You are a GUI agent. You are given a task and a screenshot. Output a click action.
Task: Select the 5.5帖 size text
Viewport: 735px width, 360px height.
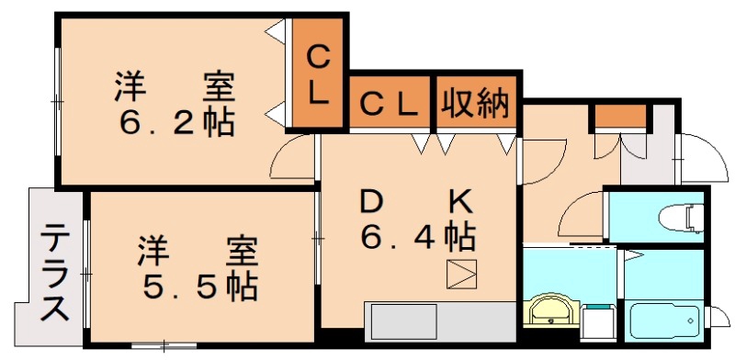click(198, 287)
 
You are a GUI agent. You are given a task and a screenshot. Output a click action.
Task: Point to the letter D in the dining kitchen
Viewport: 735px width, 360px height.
click(371, 200)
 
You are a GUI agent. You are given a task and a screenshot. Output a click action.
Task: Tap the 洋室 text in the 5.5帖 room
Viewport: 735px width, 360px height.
click(198, 250)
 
